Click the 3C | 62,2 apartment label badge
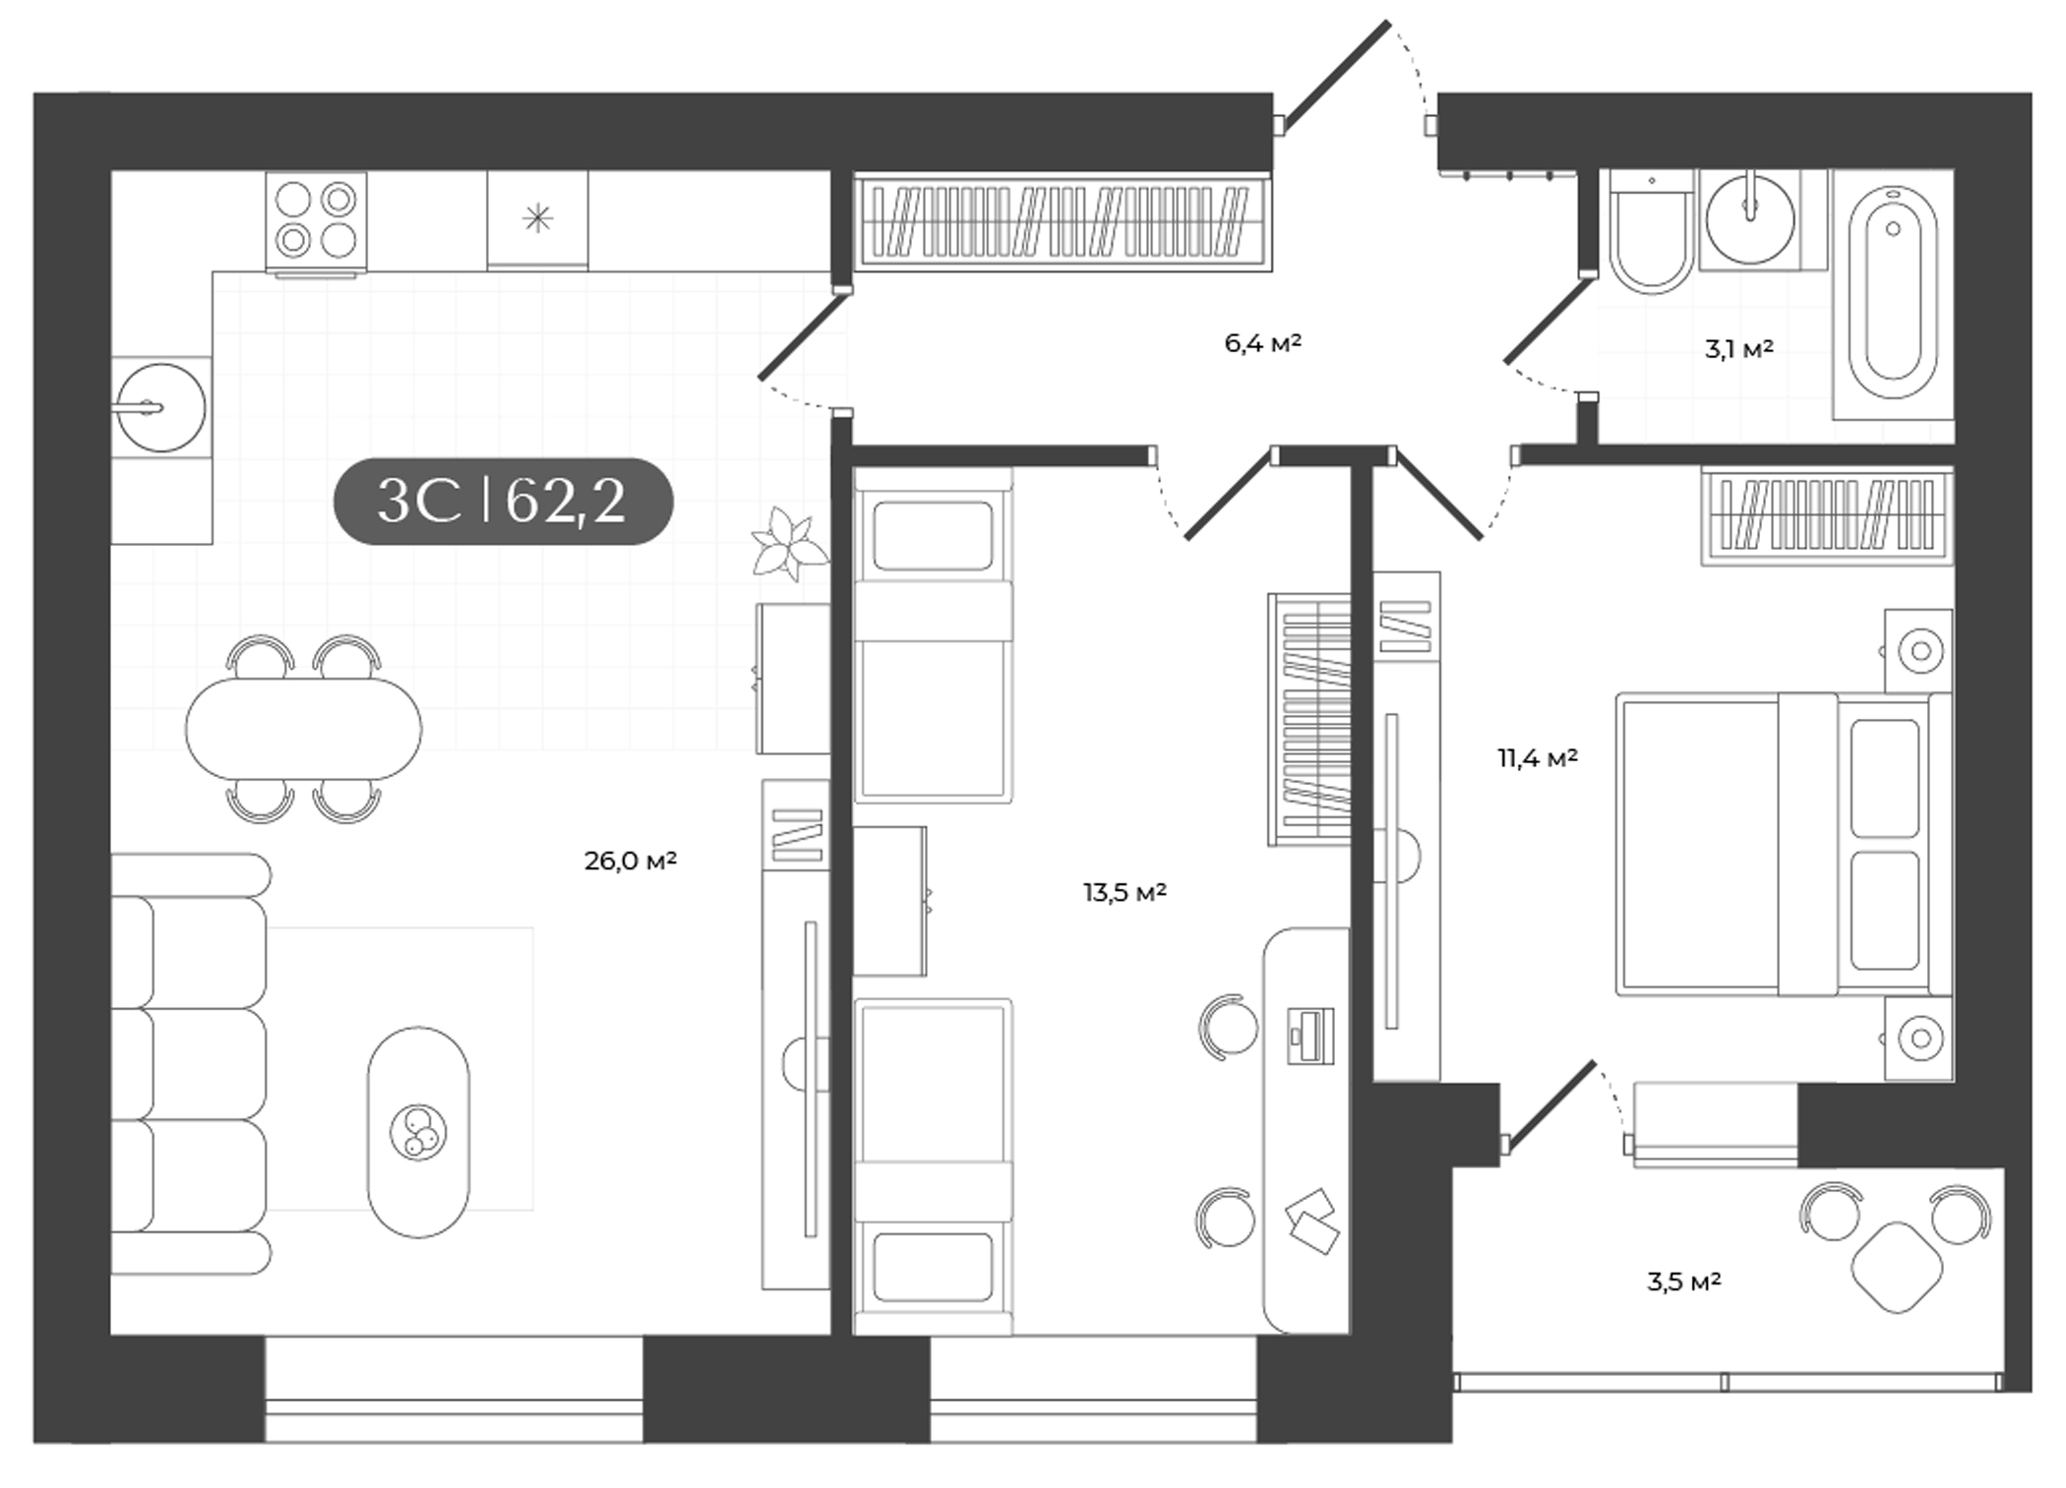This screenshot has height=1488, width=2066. (503, 501)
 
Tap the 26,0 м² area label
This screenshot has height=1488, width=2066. (630, 862)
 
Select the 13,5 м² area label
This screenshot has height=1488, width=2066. (1124, 893)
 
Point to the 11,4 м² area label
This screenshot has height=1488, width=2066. (1537, 758)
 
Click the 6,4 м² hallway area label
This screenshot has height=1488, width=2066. (1262, 343)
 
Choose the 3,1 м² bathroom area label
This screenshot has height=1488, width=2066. (1738, 349)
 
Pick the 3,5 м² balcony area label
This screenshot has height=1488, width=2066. (1683, 1282)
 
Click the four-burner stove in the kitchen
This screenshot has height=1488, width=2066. (316, 220)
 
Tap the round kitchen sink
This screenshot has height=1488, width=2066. (161, 407)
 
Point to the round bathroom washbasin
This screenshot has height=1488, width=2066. (1749, 219)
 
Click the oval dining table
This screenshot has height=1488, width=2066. (303, 729)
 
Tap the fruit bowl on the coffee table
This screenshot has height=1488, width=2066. (418, 1131)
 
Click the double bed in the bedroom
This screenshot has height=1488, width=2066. (1781, 843)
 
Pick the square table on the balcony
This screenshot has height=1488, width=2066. (1897, 1267)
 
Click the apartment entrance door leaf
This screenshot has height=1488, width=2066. (1335, 77)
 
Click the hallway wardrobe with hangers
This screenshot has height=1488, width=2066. (1062, 221)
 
